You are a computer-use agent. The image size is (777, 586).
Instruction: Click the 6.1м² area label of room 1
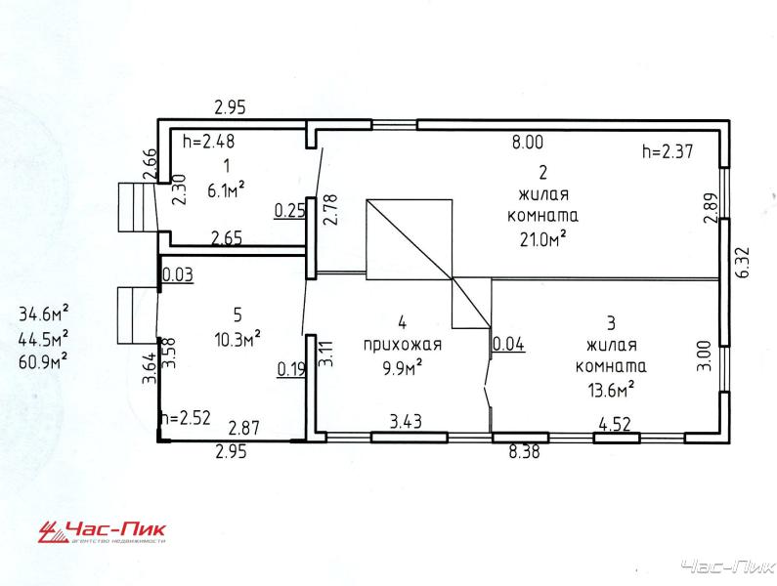click(x=227, y=189)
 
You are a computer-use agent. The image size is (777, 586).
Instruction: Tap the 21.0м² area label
click(x=543, y=238)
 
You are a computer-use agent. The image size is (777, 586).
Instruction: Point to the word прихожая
click(x=403, y=346)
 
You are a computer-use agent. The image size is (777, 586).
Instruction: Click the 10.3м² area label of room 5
click(x=237, y=339)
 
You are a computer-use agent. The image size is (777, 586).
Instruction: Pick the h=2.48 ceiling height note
click(x=208, y=142)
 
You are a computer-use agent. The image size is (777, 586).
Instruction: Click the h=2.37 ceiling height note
click(x=668, y=150)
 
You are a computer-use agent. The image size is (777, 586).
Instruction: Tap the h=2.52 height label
click(x=187, y=418)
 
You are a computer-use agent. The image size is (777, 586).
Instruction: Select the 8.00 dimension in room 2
click(x=528, y=143)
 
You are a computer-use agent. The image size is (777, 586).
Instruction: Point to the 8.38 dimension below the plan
click(x=524, y=452)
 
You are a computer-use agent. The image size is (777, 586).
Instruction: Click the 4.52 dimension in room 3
click(x=615, y=425)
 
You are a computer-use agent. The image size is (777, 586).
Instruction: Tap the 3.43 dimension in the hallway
click(x=406, y=422)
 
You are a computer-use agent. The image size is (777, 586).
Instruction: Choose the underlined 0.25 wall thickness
click(x=290, y=211)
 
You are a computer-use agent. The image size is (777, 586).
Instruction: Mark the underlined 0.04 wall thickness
click(x=509, y=344)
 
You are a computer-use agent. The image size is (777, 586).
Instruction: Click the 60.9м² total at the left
click(x=44, y=361)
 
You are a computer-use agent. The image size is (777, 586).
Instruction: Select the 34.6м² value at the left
click(x=44, y=314)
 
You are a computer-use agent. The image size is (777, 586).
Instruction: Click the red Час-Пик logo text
click(x=115, y=529)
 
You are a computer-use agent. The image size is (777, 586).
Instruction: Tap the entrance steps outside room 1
click(x=137, y=207)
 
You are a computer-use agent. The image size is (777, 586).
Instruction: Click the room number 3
click(x=611, y=323)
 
